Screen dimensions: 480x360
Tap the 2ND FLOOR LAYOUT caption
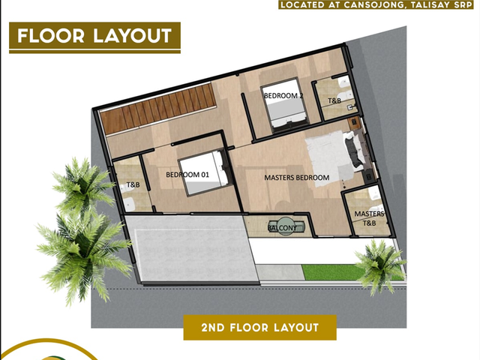pos(260,328)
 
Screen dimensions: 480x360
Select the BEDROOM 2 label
pos(283,95)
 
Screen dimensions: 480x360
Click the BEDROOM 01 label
pos(187,175)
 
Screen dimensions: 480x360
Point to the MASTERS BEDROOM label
pos(297,178)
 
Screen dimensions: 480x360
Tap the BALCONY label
pos(282,228)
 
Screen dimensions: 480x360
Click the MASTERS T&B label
pos(369,218)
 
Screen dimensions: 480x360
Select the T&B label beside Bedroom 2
pos(334,100)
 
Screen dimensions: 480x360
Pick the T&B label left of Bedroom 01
pos(133,184)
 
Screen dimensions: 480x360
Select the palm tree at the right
pos(380,266)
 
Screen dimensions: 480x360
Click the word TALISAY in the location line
pos(428,4)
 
